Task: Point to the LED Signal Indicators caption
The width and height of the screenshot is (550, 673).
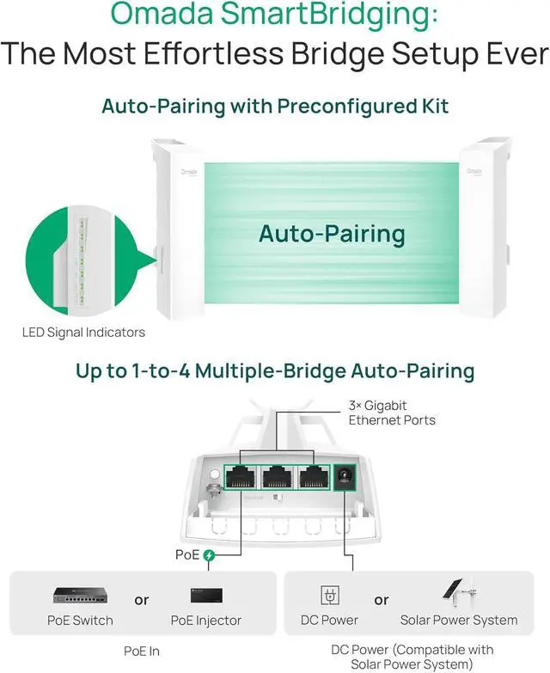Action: point(83,332)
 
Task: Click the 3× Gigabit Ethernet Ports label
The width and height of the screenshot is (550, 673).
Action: point(391,413)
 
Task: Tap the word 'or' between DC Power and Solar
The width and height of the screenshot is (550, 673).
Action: point(381,599)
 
